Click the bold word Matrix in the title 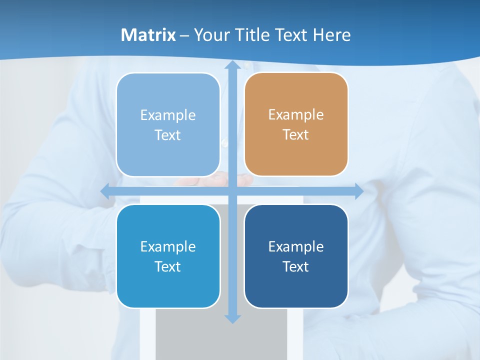148,35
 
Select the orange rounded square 296,124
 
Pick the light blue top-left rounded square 168,125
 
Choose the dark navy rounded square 296,256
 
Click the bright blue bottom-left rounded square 168,256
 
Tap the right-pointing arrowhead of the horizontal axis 358,191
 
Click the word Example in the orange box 296,115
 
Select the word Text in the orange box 296,135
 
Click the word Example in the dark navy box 296,246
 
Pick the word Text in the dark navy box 296,266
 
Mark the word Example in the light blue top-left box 168,115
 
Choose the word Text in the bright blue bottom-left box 168,266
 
